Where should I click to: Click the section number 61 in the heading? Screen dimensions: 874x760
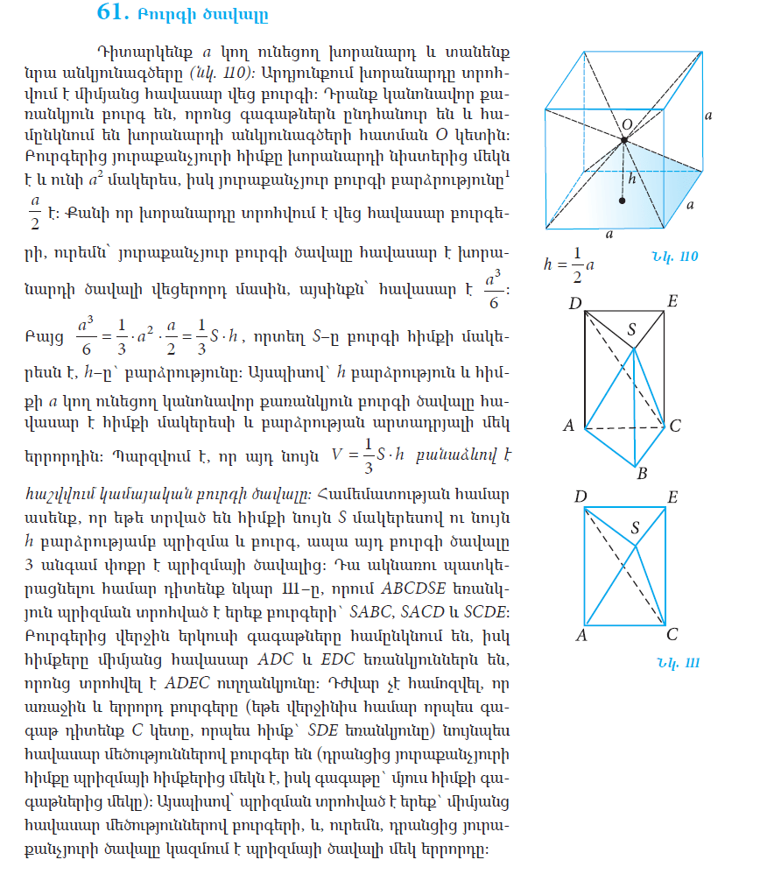click(114, 13)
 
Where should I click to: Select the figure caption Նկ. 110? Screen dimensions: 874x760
click(674, 256)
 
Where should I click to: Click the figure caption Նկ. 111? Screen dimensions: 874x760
click(678, 661)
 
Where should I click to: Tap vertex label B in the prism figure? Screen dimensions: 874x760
click(641, 474)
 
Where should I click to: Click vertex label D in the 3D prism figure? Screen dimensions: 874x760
click(574, 303)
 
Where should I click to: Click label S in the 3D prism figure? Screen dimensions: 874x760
click(632, 329)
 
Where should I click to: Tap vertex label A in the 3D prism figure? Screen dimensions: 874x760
click(568, 426)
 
